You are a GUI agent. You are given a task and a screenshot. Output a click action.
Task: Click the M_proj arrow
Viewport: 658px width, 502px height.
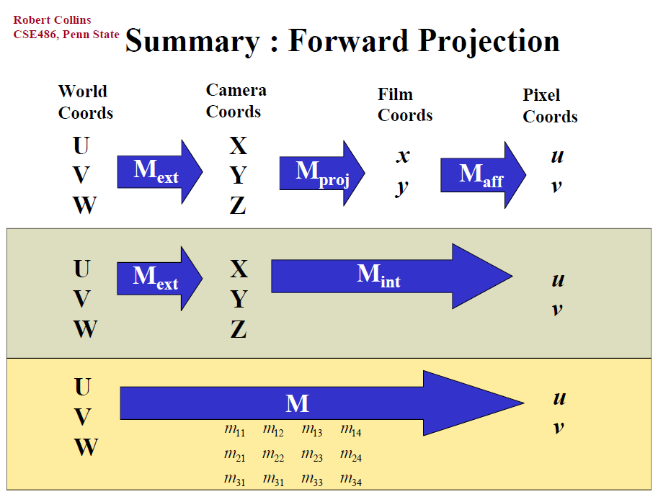click(322, 173)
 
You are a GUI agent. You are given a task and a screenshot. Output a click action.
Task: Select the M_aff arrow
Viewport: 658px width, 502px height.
click(483, 175)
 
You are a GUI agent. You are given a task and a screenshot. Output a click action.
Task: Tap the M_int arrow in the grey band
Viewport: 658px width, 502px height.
click(391, 276)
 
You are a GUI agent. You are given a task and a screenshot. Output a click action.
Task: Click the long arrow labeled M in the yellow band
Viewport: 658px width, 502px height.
click(322, 403)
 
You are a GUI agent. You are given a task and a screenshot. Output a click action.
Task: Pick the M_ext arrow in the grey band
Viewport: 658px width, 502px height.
click(159, 279)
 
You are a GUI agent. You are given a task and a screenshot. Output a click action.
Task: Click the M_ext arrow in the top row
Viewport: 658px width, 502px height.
click(160, 172)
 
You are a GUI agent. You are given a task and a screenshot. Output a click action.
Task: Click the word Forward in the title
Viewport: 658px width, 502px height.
click(348, 40)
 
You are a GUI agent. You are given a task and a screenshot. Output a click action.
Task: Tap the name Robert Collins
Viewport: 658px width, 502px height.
click(52, 19)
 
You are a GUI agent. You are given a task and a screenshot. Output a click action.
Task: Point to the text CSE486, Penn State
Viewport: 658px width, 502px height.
click(66, 35)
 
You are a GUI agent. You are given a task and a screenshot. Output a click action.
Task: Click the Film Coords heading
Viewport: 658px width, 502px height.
click(405, 104)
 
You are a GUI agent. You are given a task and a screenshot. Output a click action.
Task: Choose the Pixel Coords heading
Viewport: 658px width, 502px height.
click(550, 106)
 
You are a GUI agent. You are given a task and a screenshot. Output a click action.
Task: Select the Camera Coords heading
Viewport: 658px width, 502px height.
click(236, 101)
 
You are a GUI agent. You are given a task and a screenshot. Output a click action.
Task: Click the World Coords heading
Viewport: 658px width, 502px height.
click(86, 102)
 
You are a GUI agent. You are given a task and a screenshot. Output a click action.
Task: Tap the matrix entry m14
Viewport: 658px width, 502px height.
click(351, 430)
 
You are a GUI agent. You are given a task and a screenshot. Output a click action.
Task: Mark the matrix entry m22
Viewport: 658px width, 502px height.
click(272, 455)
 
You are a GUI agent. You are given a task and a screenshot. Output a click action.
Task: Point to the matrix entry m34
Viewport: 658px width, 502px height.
click(351, 480)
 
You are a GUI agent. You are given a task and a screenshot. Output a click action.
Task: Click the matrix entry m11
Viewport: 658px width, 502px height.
click(234, 430)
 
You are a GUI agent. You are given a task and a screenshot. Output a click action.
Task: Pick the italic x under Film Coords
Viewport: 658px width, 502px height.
click(403, 156)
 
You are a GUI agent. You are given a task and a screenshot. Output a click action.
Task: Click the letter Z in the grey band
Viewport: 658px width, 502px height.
click(239, 329)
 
